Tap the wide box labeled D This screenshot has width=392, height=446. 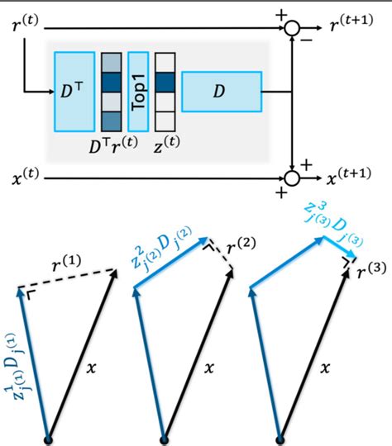(221, 91)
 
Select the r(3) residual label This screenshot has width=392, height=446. (370, 268)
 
